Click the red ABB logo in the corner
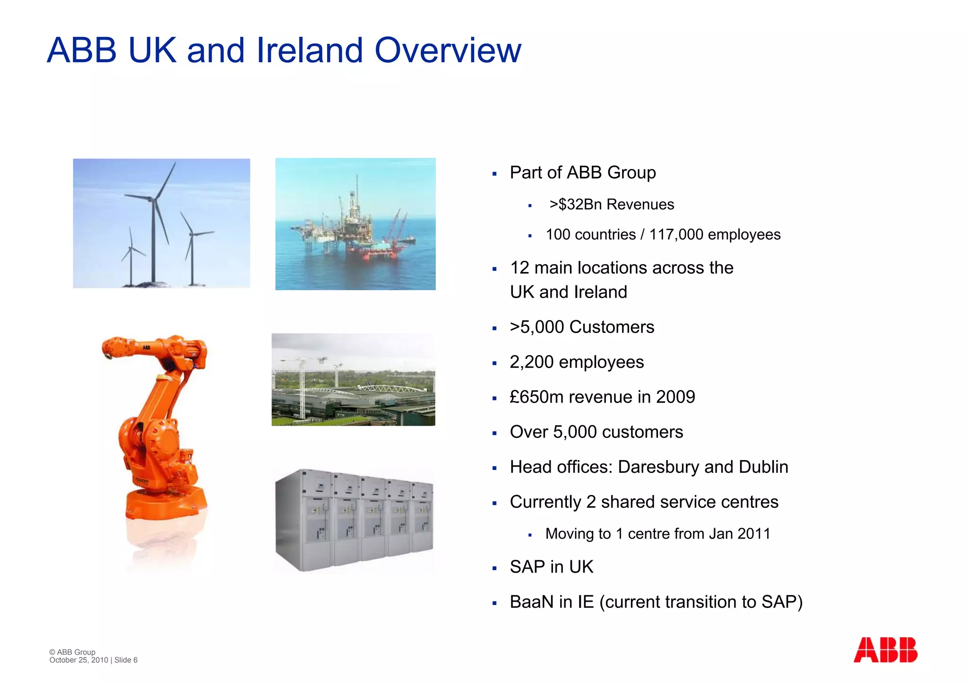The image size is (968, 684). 885,650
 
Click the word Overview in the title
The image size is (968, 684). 448,51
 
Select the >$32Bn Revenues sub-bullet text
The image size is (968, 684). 612,205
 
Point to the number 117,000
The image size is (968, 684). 676,235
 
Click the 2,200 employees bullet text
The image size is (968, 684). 577,362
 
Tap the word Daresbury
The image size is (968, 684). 658,467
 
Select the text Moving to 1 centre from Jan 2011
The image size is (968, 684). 657,534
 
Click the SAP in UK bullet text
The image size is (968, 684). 551,567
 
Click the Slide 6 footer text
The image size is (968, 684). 126,660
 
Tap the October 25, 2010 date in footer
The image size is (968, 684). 78,660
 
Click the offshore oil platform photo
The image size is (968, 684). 355,224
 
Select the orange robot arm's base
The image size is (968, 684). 165,503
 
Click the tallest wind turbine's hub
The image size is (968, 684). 152,200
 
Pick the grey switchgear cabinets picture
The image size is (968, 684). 354,520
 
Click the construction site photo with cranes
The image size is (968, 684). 353,380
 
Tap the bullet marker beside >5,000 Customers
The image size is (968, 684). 494,328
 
